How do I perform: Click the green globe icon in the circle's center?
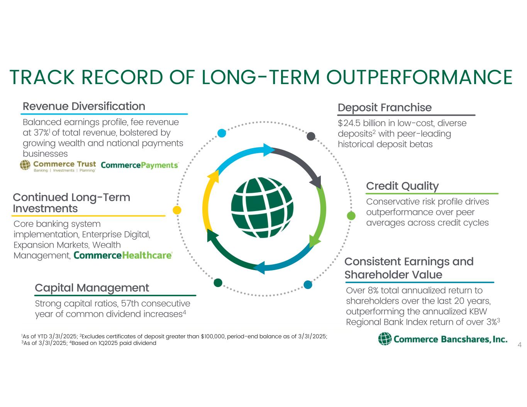(262, 208)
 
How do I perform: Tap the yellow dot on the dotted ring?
(177, 210)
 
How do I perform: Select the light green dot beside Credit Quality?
(351, 215)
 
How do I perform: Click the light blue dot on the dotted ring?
(222, 133)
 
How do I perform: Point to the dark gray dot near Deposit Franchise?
(311, 136)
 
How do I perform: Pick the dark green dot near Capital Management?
(218, 282)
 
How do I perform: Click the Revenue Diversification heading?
(84, 106)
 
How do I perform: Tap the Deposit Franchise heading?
(385, 108)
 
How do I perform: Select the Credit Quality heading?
(402, 186)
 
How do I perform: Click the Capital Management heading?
(92, 288)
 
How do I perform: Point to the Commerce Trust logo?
(58, 166)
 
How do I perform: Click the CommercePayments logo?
(139, 165)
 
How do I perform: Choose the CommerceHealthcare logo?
(123, 255)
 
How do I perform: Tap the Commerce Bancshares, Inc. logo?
(442, 339)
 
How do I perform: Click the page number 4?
(520, 345)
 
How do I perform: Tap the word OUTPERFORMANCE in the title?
(419, 77)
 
